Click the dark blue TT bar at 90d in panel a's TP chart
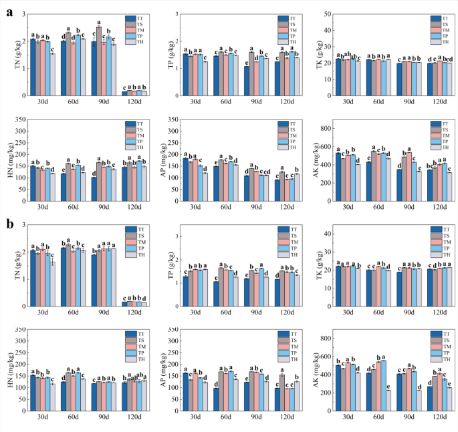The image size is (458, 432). point(247,81)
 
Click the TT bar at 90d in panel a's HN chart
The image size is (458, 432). point(94,190)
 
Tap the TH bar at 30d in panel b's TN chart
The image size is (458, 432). point(52,282)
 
